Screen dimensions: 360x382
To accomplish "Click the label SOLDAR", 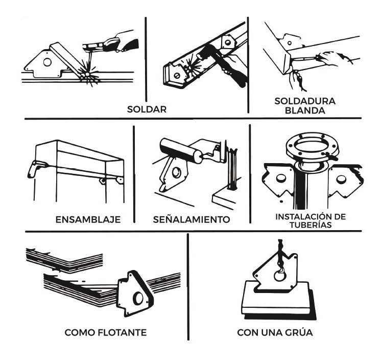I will (x=147, y=109).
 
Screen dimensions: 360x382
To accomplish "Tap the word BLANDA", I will (x=304, y=110).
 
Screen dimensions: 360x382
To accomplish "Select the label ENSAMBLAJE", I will (x=88, y=220).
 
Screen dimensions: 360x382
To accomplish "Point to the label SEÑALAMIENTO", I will (x=192, y=220).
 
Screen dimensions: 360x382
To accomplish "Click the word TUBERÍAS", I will (x=310, y=226).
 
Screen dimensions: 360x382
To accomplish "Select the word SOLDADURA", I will (x=304, y=101).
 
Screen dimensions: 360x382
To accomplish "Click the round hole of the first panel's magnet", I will (x=47, y=63).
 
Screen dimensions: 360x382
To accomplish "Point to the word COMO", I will (x=79, y=333).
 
